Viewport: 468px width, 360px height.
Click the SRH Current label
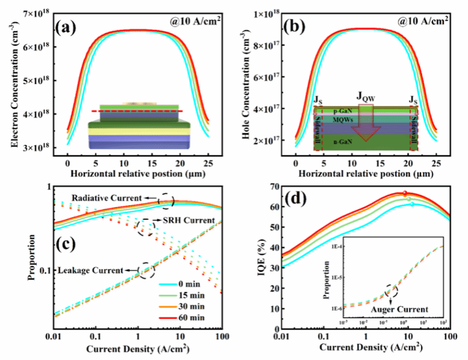point(178,220)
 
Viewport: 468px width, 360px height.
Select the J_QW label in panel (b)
point(365,96)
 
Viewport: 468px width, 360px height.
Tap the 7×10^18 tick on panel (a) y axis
point(39,12)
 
